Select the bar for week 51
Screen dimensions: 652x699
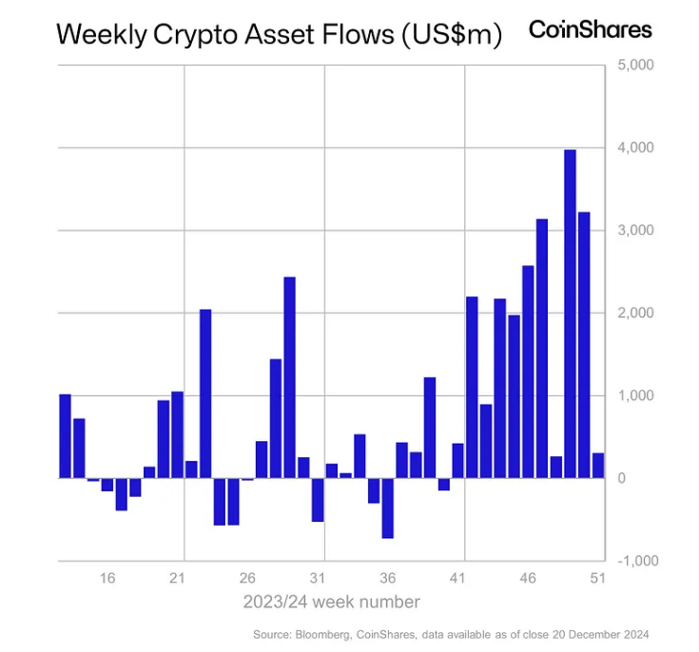pyautogui.click(x=598, y=466)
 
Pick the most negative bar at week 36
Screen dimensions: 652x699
pyautogui.click(x=388, y=508)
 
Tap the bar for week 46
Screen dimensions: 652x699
pyautogui.click(x=528, y=372)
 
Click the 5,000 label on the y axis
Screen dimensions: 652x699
pyautogui.click(x=635, y=66)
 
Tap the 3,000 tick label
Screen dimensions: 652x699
pyautogui.click(x=635, y=230)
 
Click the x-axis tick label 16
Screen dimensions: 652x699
pyautogui.click(x=107, y=578)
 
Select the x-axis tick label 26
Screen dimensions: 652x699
pyautogui.click(x=247, y=578)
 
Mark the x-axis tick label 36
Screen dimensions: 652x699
pyautogui.click(x=387, y=578)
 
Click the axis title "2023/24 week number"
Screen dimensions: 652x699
pyautogui.click(x=331, y=602)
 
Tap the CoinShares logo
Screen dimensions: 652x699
pyautogui.click(x=591, y=30)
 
